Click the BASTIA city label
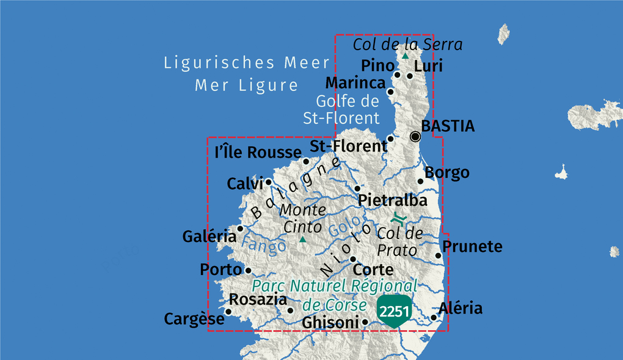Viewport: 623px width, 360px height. pos(448,127)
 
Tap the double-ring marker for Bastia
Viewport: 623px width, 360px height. pos(415,136)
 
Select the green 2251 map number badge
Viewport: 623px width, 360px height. pos(394,311)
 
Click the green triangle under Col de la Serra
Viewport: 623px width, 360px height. pos(404,56)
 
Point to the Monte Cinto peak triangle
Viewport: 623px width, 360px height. pos(302,240)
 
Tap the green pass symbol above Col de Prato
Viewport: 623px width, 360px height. pos(398,218)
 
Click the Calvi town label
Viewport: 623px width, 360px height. pos(244,183)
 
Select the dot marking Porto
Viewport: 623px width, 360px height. pos(248,270)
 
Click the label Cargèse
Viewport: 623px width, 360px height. pos(194,319)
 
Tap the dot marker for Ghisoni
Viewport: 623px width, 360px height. pos(365,321)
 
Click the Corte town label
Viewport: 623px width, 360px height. pos(373,270)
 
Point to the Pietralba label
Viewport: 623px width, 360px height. pos(392,200)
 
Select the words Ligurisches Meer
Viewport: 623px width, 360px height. pos(247,63)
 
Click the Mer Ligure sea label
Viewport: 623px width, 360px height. pos(247,86)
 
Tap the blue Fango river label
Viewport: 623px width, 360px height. pos(263,245)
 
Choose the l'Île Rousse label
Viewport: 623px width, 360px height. pos(258,152)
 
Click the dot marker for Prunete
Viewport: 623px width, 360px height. pos(438,255)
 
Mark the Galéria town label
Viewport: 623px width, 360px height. pos(209,236)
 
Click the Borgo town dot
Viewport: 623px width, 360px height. pos(420,181)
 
